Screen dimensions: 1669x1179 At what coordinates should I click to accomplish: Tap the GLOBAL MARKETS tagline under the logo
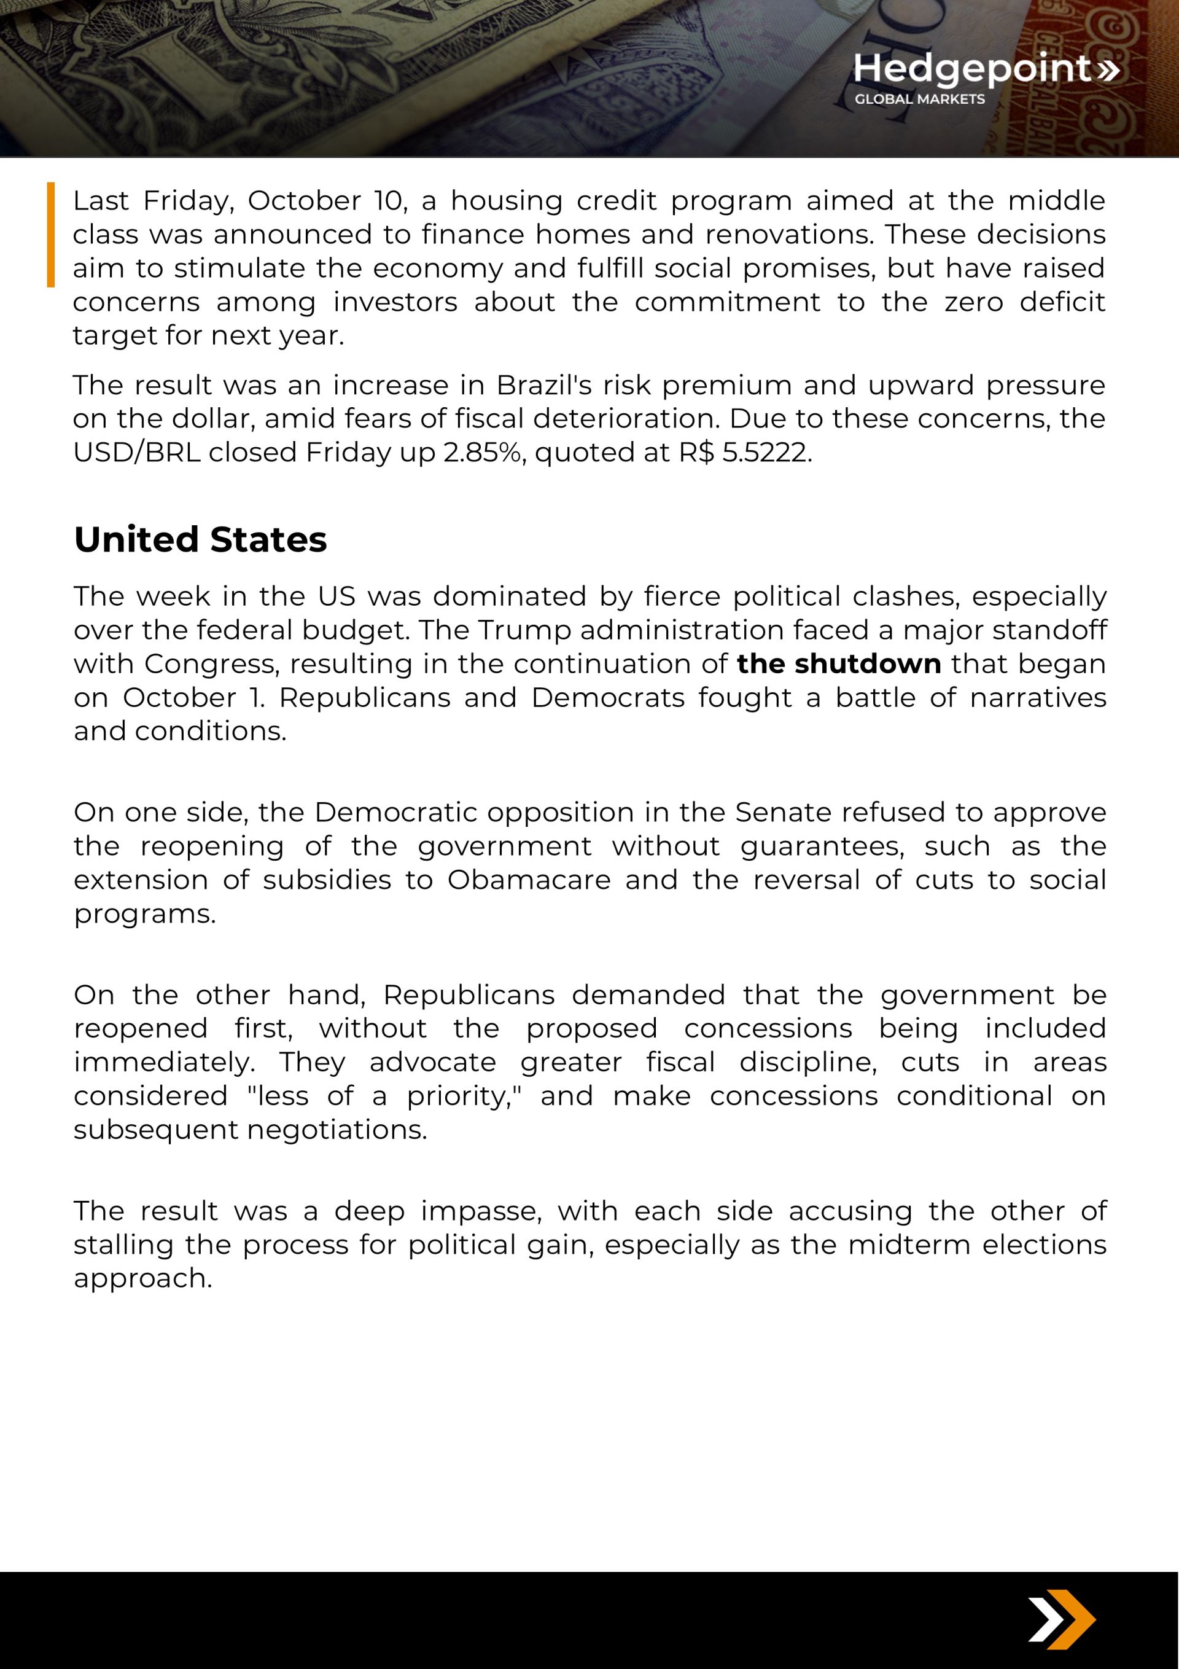click(919, 100)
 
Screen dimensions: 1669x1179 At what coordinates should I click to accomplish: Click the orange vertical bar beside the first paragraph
click(51, 234)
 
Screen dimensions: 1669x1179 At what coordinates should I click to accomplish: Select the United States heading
click(201, 539)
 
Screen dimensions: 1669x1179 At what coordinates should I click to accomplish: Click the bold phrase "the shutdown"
click(839, 663)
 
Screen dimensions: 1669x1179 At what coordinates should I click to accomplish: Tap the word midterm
click(909, 1245)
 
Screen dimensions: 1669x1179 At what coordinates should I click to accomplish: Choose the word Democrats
click(609, 697)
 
